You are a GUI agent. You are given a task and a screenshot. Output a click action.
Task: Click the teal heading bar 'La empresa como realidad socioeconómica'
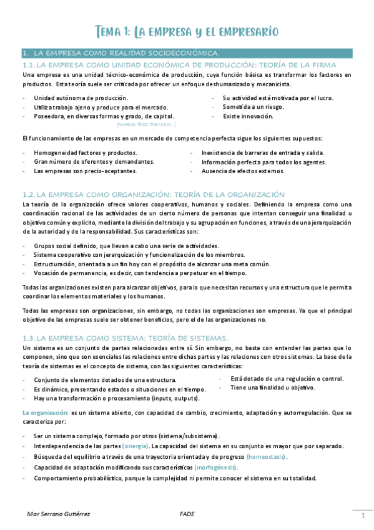(x=125, y=53)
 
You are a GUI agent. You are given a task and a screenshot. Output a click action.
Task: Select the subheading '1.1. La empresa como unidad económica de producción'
(x=180, y=65)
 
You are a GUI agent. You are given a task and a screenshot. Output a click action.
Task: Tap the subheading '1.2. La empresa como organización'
(x=154, y=194)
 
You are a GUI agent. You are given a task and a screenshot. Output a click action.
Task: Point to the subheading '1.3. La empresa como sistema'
(x=125, y=337)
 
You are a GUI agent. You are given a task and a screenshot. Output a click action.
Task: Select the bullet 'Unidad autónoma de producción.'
(x=81, y=98)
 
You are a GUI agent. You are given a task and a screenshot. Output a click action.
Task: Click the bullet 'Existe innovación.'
(x=248, y=116)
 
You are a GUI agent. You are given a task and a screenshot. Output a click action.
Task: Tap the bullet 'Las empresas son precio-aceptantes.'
(x=85, y=170)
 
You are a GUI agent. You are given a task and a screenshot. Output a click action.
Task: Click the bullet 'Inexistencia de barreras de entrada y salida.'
(x=263, y=152)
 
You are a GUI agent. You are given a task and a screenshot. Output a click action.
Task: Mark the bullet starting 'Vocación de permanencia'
(x=131, y=272)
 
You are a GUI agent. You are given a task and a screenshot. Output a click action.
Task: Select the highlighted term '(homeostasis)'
(x=266, y=457)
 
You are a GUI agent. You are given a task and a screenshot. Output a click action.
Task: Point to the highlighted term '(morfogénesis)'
(x=217, y=467)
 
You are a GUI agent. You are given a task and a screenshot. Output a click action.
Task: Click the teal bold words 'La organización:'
(x=45, y=413)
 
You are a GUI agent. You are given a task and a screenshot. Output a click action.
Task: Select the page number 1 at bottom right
(x=363, y=515)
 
